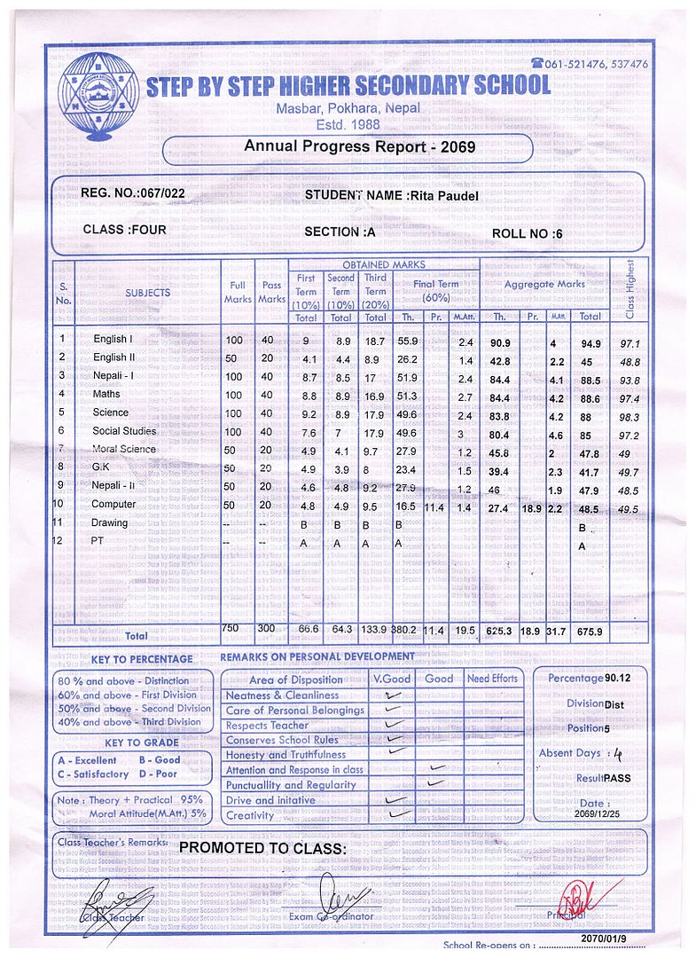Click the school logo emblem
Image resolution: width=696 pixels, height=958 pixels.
[93, 93]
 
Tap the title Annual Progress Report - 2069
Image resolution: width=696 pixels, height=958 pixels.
[361, 146]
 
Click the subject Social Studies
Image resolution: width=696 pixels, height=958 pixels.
[124, 432]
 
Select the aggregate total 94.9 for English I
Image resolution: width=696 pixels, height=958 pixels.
[590, 343]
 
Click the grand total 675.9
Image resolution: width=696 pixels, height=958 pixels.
[590, 632]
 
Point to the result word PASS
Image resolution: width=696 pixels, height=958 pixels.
[617, 778]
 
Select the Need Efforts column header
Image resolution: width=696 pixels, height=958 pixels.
[492, 679]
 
